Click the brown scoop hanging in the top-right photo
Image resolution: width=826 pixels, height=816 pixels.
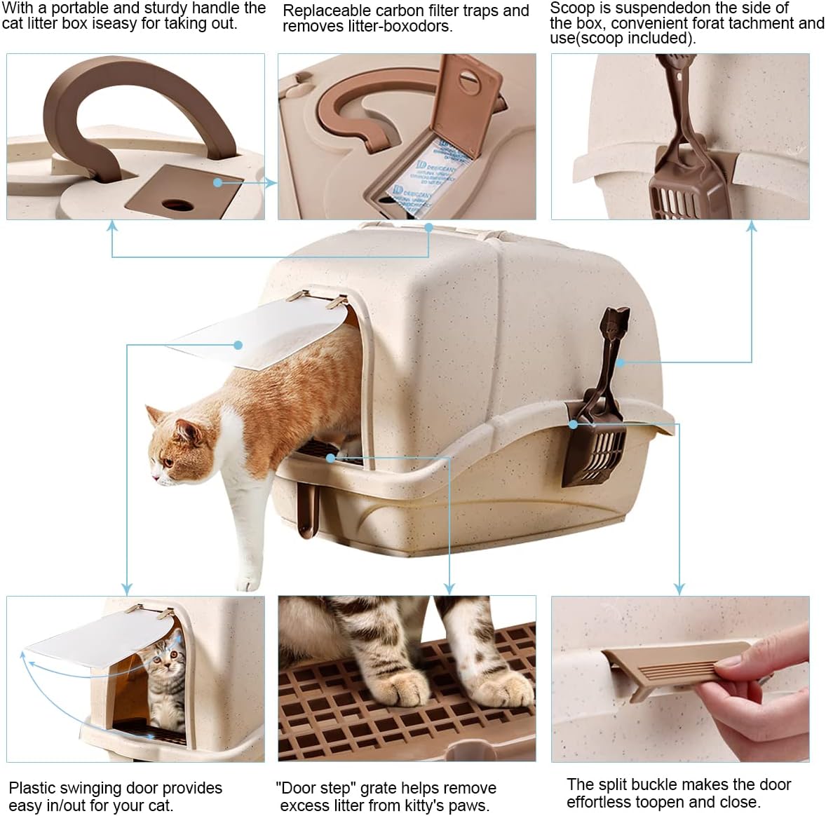(x=685, y=158)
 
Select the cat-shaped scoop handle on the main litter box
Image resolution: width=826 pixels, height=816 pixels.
(x=613, y=342)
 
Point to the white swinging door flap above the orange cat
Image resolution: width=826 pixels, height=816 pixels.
(x=258, y=332)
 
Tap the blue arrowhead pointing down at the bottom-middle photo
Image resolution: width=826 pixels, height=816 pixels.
(x=449, y=589)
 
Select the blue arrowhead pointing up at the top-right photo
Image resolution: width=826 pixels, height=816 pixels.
(x=752, y=226)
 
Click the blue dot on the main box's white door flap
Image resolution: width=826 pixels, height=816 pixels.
(x=238, y=345)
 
